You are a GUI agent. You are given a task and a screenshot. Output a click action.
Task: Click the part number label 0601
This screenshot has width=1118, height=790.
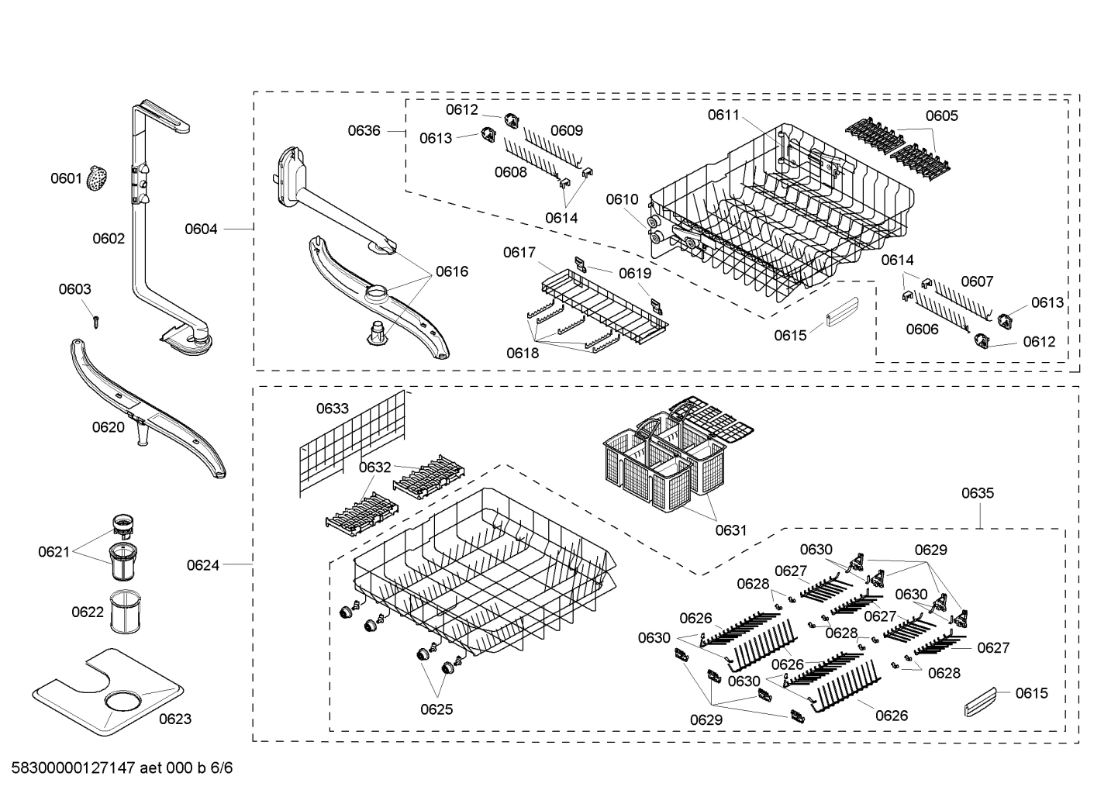tap(66, 179)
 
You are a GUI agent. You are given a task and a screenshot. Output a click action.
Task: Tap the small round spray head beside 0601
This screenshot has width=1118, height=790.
tap(97, 178)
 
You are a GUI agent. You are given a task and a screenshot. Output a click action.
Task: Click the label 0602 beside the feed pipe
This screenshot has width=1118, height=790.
tap(109, 239)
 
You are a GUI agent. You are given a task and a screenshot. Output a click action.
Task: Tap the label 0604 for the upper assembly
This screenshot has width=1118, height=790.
tap(201, 229)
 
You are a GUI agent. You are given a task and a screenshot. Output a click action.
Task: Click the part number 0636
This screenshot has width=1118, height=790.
tap(364, 130)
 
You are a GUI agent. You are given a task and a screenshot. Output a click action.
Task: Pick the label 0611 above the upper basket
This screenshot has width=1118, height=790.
tap(723, 115)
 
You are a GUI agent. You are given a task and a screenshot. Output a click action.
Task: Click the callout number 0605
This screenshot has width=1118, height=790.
tap(941, 116)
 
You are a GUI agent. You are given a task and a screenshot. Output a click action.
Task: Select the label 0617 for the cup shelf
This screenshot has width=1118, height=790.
tap(519, 253)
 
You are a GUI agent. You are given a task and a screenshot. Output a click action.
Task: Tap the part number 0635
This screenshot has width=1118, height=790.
tap(977, 493)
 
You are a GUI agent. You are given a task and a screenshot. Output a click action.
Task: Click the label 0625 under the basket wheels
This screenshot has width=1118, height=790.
tap(437, 709)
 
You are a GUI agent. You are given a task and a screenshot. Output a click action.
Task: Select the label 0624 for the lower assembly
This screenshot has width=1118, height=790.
tap(202, 565)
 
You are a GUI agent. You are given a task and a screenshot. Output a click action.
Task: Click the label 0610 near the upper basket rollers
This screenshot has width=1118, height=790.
tap(622, 199)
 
